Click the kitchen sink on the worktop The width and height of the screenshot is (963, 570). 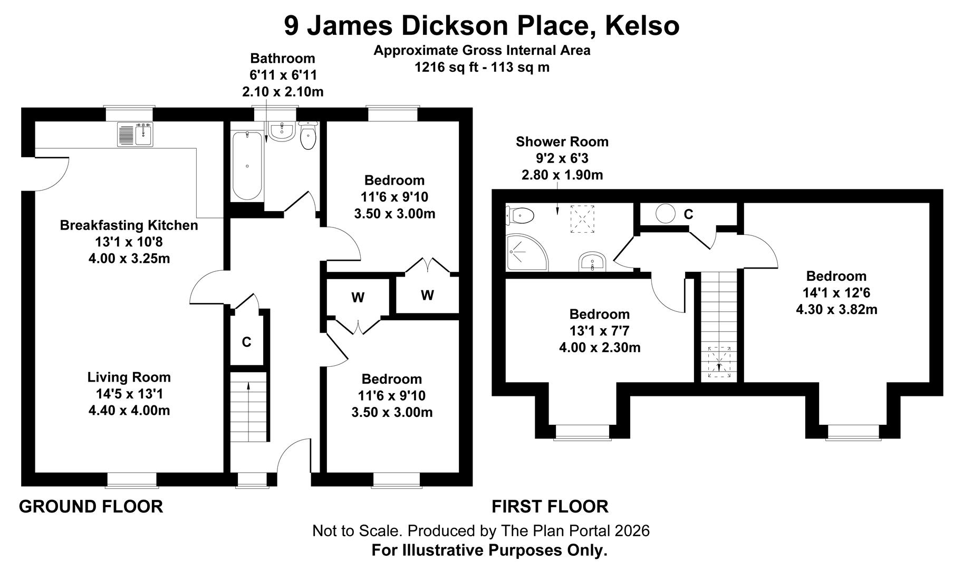135,134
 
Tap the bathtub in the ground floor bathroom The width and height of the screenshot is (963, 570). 247,166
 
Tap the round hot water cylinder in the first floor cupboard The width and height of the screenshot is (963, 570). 666,214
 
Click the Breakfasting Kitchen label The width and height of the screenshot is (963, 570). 129,225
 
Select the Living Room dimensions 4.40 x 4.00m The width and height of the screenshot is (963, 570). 129,411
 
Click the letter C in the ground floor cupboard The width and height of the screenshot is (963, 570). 246,343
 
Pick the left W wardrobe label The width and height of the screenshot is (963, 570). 358,298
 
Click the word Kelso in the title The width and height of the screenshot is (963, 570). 642,25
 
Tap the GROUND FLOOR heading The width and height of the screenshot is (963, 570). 91,507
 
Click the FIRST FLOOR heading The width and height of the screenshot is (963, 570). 550,507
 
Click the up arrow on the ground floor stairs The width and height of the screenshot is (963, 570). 248,387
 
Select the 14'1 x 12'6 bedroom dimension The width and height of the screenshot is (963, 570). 836,293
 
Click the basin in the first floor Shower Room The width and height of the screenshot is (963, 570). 593,262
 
